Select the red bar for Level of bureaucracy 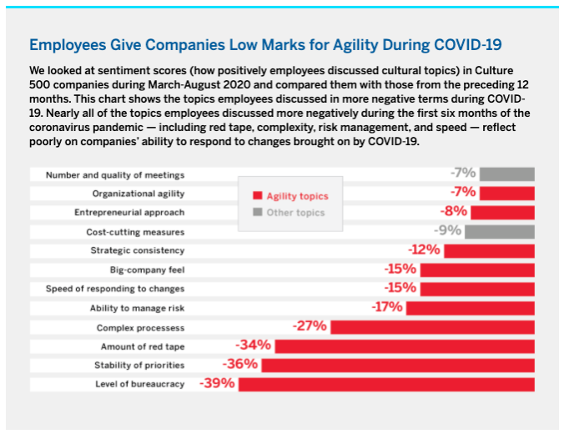tap(385, 384)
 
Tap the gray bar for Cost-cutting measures tap(500, 231)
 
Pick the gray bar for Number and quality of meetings tap(506, 174)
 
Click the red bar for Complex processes tap(431, 326)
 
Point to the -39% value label tap(217, 384)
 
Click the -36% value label tap(239, 365)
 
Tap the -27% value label tap(310, 326)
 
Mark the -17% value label tap(387, 307)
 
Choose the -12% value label tap(424, 250)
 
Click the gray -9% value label tap(448, 231)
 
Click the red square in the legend tap(258, 197)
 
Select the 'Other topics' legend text tap(295, 213)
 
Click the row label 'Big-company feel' tap(148, 270)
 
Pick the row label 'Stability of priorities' tap(139, 365)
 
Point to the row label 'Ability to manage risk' tap(138, 308)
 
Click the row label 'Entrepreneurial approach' tap(134, 212)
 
